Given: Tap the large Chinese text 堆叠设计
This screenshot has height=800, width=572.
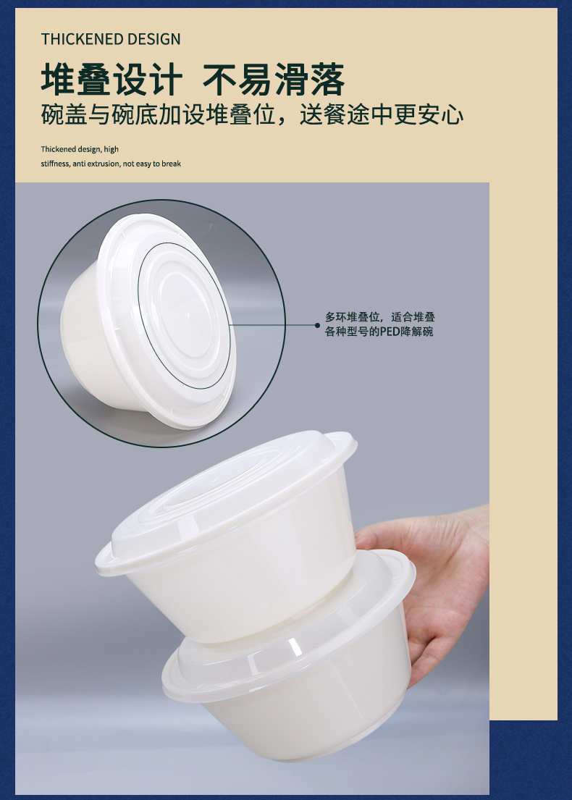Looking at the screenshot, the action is tap(112, 80).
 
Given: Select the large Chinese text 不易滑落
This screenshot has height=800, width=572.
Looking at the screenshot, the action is tap(274, 80).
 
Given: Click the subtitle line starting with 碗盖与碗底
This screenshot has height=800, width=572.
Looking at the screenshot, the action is tap(252, 115).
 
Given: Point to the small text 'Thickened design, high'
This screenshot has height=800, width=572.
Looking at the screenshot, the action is tap(80, 149).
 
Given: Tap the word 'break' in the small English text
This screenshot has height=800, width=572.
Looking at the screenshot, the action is tap(172, 164).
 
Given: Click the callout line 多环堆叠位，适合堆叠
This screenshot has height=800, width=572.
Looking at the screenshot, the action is tap(379, 317).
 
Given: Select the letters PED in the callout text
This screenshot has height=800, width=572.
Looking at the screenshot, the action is tap(390, 332).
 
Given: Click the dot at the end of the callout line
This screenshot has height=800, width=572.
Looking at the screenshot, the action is tap(317, 325).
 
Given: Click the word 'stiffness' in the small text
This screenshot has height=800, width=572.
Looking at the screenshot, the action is tap(54, 164).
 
